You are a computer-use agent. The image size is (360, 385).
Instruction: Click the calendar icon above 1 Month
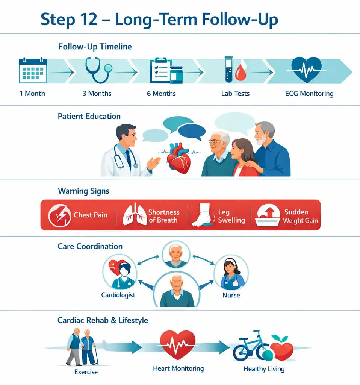[x=33, y=70]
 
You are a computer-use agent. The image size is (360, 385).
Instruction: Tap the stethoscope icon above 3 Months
[x=98, y=70]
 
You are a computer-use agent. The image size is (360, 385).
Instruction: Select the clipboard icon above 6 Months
[x=161, y=71]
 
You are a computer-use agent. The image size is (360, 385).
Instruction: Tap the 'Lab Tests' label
[x=235, y=94]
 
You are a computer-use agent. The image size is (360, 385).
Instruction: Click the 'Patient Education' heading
[x=89, y=116]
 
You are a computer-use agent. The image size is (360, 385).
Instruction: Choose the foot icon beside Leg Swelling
[x=201, y=215]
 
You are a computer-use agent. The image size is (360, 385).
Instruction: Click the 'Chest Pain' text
[x=91, y=215]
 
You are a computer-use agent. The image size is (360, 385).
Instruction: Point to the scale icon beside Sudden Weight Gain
[x=268, y=215]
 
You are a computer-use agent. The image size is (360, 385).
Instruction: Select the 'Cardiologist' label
[x=118, y=295]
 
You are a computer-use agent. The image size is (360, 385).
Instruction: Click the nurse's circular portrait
[x=231, y=272]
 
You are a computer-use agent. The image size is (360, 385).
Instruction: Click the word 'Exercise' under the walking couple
[x=86, y=372]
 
